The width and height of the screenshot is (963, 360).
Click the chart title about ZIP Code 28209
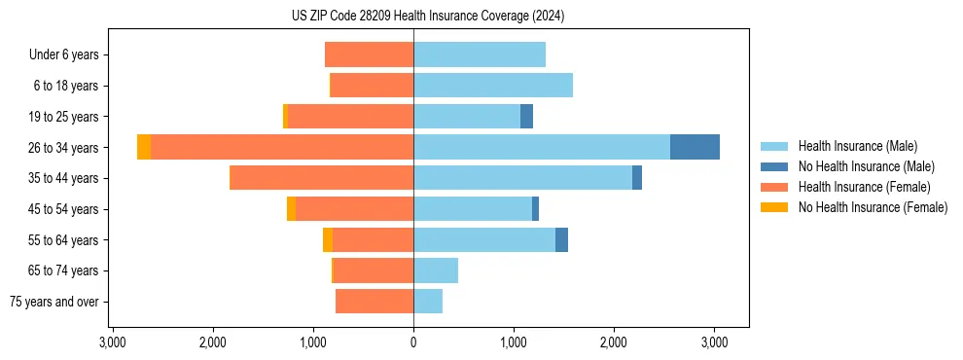click(427, 17)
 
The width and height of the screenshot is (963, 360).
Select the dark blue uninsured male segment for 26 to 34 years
click(695, 147)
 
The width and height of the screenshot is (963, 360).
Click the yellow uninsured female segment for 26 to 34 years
click(144, 147)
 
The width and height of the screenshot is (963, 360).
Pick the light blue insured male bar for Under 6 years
click(480, 54)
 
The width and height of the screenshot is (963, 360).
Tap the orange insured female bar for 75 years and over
click(374, 302)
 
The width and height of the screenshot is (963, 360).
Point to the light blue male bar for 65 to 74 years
click(436, 270)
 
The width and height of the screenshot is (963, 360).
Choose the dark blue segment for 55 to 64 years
click(561, 239)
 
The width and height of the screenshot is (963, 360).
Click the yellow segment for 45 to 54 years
click(291, 209)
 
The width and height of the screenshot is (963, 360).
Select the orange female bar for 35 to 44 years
click(321, 178)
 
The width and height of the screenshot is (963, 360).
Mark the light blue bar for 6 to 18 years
click(493, 86)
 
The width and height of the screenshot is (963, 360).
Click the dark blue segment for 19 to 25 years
click(526, 117)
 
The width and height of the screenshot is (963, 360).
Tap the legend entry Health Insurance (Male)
click(856, 146)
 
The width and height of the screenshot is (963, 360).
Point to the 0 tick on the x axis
click(413, 342)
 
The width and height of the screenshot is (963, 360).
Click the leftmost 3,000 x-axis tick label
click(113, 342)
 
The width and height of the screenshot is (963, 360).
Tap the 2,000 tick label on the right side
click(614, 342)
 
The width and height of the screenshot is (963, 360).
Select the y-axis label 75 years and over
click(54, 302)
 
